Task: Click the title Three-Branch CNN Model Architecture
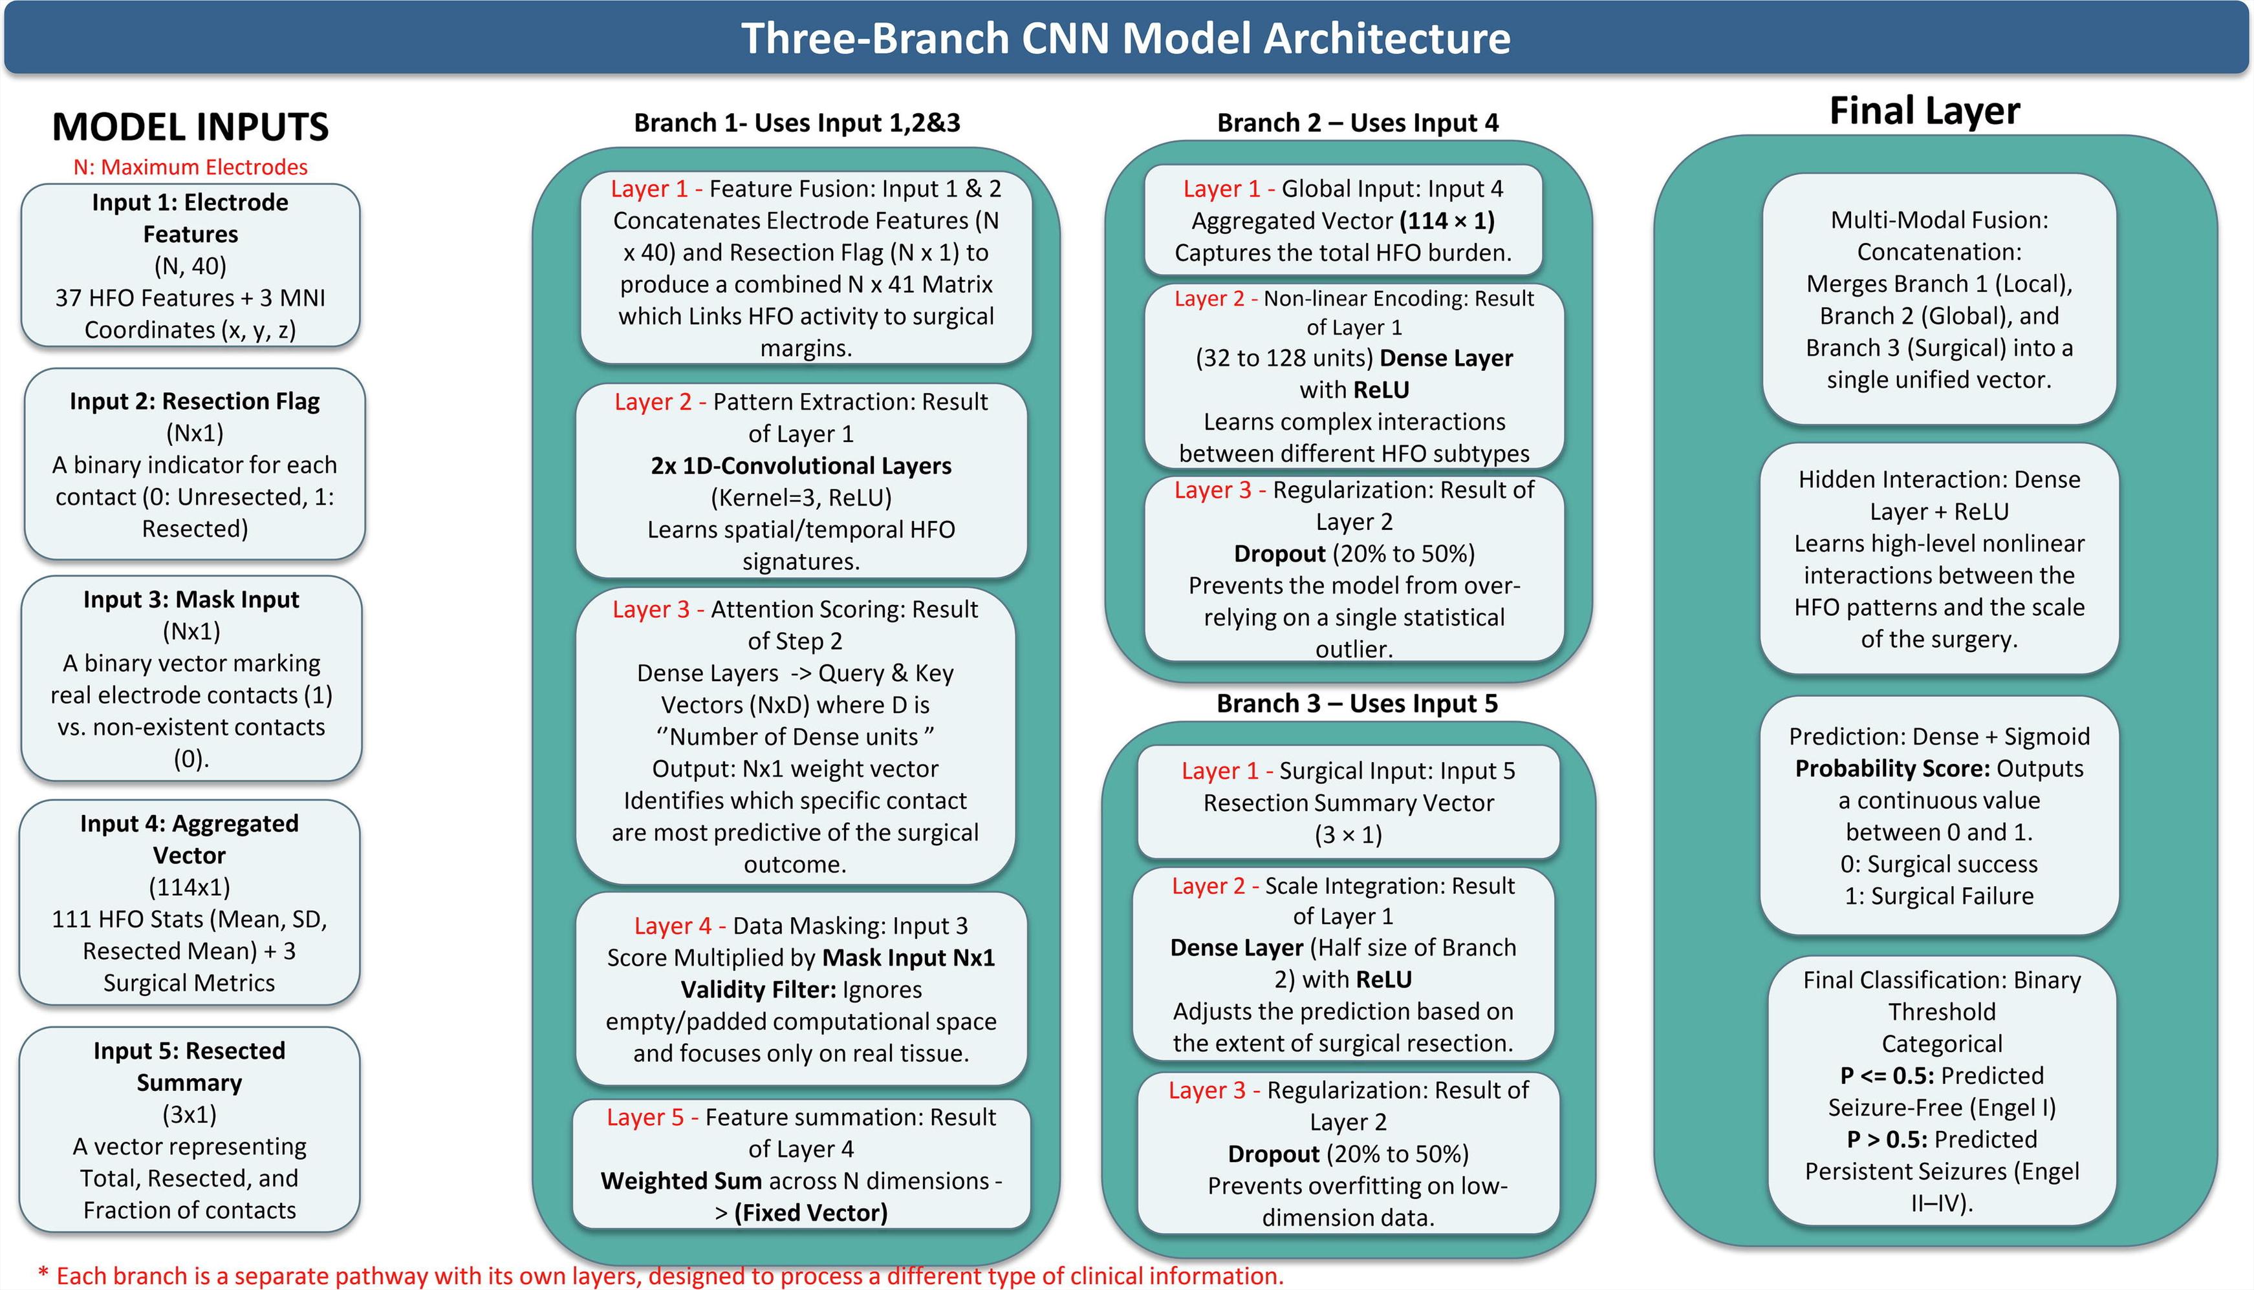(1125, 38)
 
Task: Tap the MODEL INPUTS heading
(191, 127)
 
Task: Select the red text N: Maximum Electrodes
(191, 167)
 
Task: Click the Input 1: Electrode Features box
(191, 266)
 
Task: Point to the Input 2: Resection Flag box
(195, 464)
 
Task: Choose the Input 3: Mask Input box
(191, 679)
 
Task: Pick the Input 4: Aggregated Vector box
(190, 903)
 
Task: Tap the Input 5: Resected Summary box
(190, 1130)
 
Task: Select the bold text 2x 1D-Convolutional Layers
(801, 466)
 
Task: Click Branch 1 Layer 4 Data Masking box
(801, 989)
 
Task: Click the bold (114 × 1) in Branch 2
(1447, 220)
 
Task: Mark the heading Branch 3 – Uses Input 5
(1357, 703)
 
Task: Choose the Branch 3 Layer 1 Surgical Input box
(1348, 803)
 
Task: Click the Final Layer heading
(1924, 111)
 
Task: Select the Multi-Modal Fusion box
(1939, 299)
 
